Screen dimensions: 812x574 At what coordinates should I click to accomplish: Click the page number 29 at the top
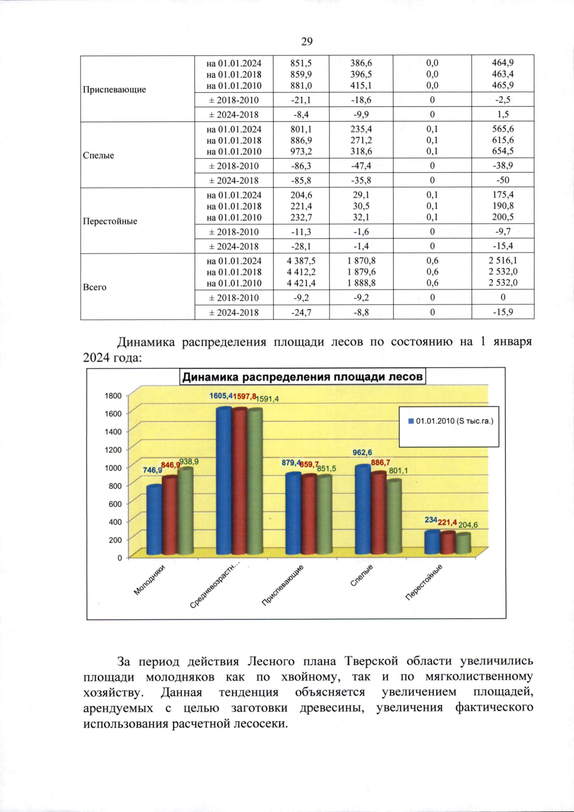(x=307, y=42)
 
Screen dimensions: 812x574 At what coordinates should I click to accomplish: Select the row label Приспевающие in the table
(x=114, y=89)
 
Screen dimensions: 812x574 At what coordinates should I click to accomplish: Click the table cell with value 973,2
(x=301, y=152)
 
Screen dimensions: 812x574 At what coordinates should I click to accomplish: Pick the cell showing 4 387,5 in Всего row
(x=301, y=261)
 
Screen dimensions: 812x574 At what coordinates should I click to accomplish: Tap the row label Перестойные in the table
(x=110, y=221)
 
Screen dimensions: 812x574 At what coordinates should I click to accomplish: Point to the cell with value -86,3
(x=301, y=166)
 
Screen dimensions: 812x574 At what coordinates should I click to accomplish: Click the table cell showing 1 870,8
(x=361, y=261)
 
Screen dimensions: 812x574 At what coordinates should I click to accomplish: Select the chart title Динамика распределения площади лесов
(x=303, y=377)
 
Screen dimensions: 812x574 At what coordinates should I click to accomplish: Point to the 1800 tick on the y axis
(x=113, y=396)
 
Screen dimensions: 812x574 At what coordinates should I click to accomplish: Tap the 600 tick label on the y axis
(x=115, y=504)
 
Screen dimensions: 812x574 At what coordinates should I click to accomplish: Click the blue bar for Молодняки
(x=154, y=521)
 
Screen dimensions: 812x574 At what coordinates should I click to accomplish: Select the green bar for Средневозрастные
(x=254, y=483)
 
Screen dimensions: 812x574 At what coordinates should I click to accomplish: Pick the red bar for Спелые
(x=378, y=514)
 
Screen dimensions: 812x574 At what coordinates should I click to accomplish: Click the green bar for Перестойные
(x=463, y=545)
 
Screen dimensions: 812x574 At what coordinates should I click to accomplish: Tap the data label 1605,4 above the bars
(x=221, y=396)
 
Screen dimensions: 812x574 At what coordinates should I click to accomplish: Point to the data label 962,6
(x=362, y=452)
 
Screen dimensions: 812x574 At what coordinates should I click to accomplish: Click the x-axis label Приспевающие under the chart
(x=283, y=584)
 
